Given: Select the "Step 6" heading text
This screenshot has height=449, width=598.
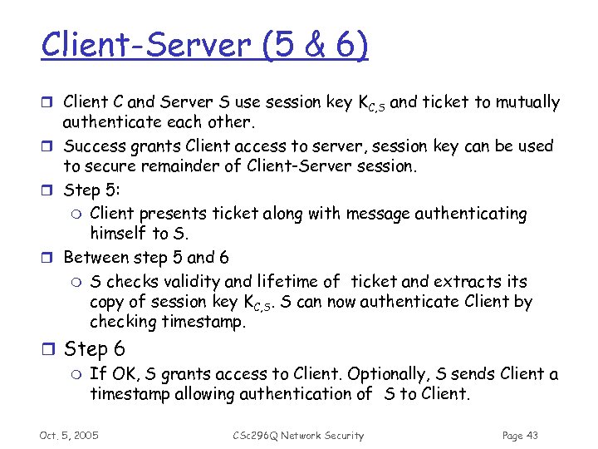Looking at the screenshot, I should [95, 349].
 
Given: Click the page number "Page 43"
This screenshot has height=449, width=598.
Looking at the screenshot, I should [521, 435].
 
